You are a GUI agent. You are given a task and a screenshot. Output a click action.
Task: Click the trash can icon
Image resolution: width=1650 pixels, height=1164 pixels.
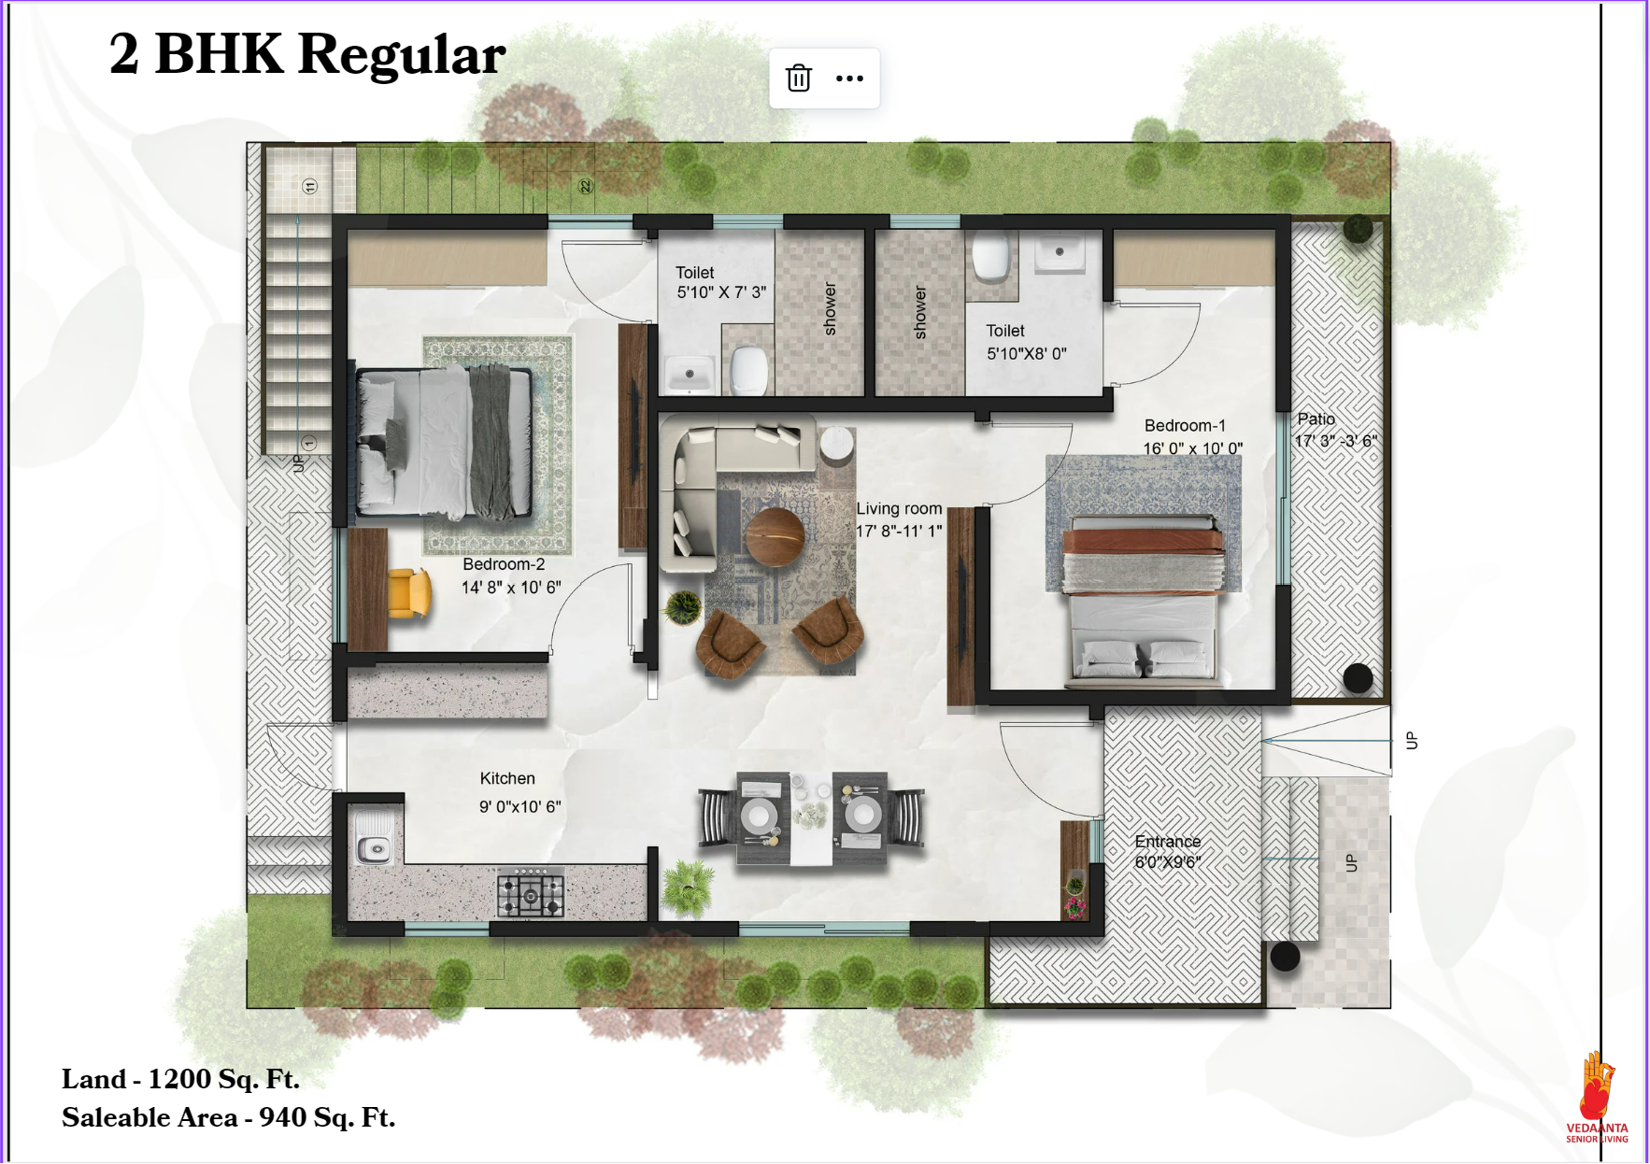point(798,78)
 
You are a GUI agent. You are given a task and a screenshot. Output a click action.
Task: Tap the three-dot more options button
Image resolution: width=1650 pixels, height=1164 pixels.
point(849,78)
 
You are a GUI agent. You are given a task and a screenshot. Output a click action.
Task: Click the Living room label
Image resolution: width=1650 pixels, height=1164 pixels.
point(899,509)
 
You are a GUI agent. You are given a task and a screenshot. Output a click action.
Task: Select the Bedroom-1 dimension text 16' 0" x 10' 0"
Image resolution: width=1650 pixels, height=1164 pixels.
point(1192,448)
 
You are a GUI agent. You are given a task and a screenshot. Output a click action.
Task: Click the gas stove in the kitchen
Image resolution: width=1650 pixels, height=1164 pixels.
point(531,894)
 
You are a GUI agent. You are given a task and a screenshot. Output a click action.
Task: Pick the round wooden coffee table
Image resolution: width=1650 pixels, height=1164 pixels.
point(775,537)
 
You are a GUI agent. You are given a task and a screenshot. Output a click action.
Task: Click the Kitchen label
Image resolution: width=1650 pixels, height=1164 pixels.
point(507,778)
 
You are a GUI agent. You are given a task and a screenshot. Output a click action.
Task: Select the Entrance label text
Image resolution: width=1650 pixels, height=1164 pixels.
point(1168,842)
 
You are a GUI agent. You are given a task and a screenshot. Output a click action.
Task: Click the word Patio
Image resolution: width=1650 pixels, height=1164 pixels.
point(1316,419)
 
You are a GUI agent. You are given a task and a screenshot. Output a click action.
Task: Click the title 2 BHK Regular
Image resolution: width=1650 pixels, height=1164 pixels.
point(307,54)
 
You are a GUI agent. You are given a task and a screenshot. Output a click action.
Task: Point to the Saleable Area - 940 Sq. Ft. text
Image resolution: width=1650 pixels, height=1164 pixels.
point(229,1117)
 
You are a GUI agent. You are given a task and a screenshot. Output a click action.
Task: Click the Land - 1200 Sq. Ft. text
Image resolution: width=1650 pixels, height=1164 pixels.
point(180,1079)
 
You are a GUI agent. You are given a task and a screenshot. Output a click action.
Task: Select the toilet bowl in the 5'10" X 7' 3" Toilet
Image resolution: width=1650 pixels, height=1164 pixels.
point(749,370)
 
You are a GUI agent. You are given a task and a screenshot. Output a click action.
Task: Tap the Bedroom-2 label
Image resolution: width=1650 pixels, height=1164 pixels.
point(504,564)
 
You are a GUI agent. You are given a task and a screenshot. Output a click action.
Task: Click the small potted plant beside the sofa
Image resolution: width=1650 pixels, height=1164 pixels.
point(683,608)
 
